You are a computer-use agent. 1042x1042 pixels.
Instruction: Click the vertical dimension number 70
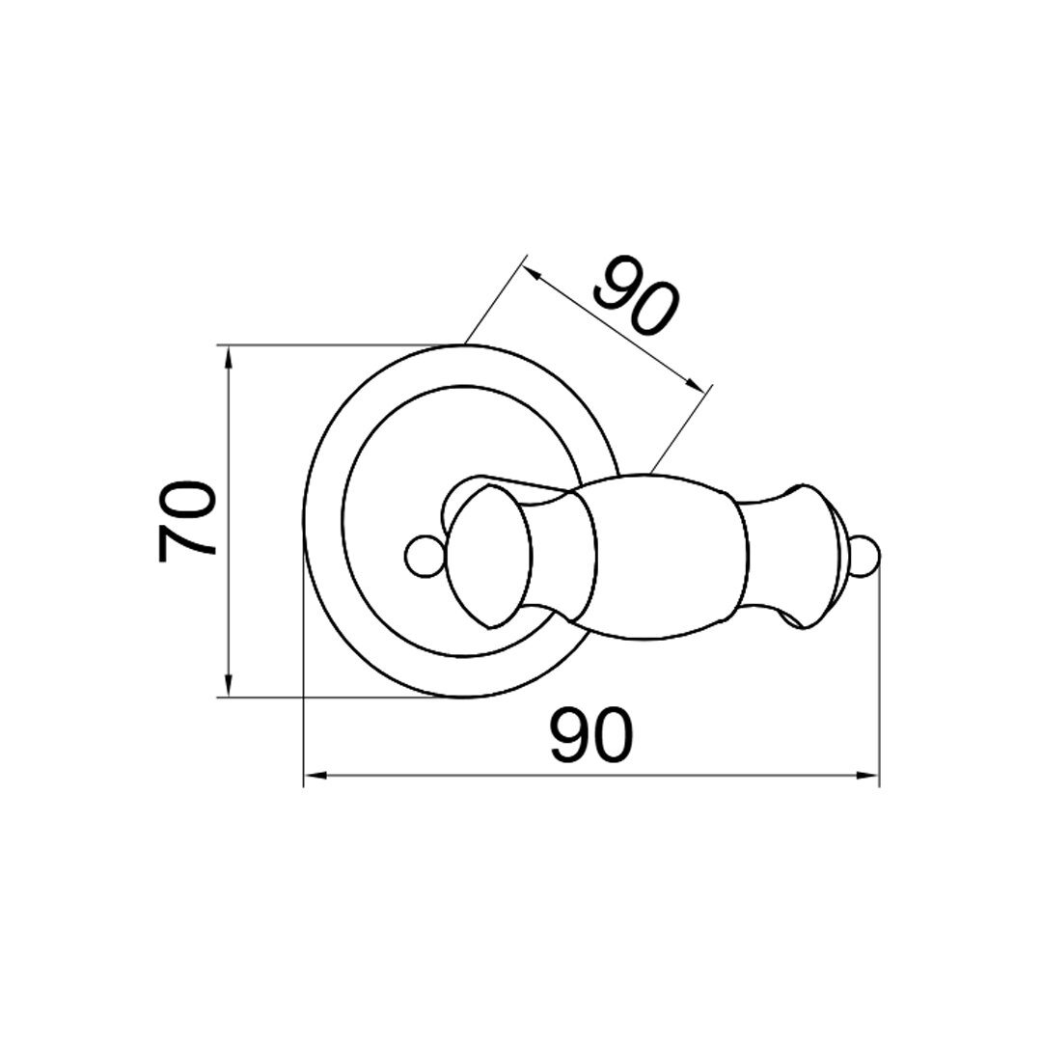pos(187,522)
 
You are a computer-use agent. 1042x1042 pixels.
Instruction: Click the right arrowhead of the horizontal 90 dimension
pos(866,776)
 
